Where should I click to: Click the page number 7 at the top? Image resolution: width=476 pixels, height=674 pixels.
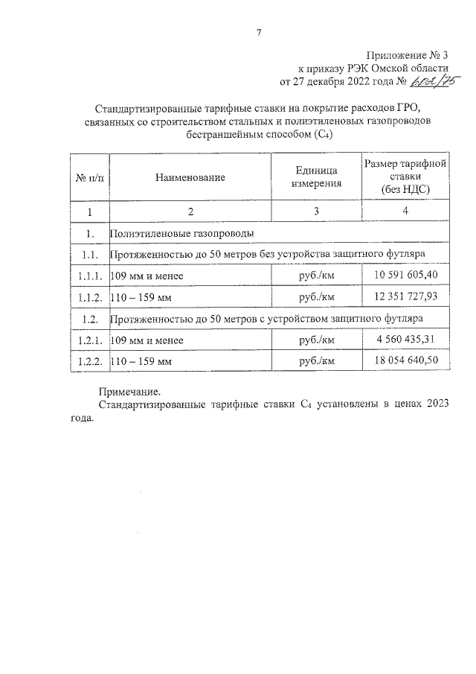click(258, 33)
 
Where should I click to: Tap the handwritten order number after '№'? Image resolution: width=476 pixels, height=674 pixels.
click(430, 82)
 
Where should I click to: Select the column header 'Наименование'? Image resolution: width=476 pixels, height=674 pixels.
click(190, 177)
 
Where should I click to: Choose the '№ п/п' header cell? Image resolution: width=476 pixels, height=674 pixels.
click(89, 177)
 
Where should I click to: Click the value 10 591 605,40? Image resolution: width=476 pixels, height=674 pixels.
click(405, 276)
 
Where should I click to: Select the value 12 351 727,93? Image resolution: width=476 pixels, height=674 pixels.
click(405, 297)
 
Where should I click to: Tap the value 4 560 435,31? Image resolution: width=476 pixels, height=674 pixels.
click(405, 340)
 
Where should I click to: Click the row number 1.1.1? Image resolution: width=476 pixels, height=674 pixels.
click(89, 276)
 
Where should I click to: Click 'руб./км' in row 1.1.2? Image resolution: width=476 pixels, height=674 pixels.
click(317, 297)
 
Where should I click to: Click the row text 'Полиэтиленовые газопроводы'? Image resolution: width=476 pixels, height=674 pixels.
click(182, 234)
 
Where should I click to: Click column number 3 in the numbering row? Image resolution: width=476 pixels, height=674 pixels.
click(317, 212)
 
